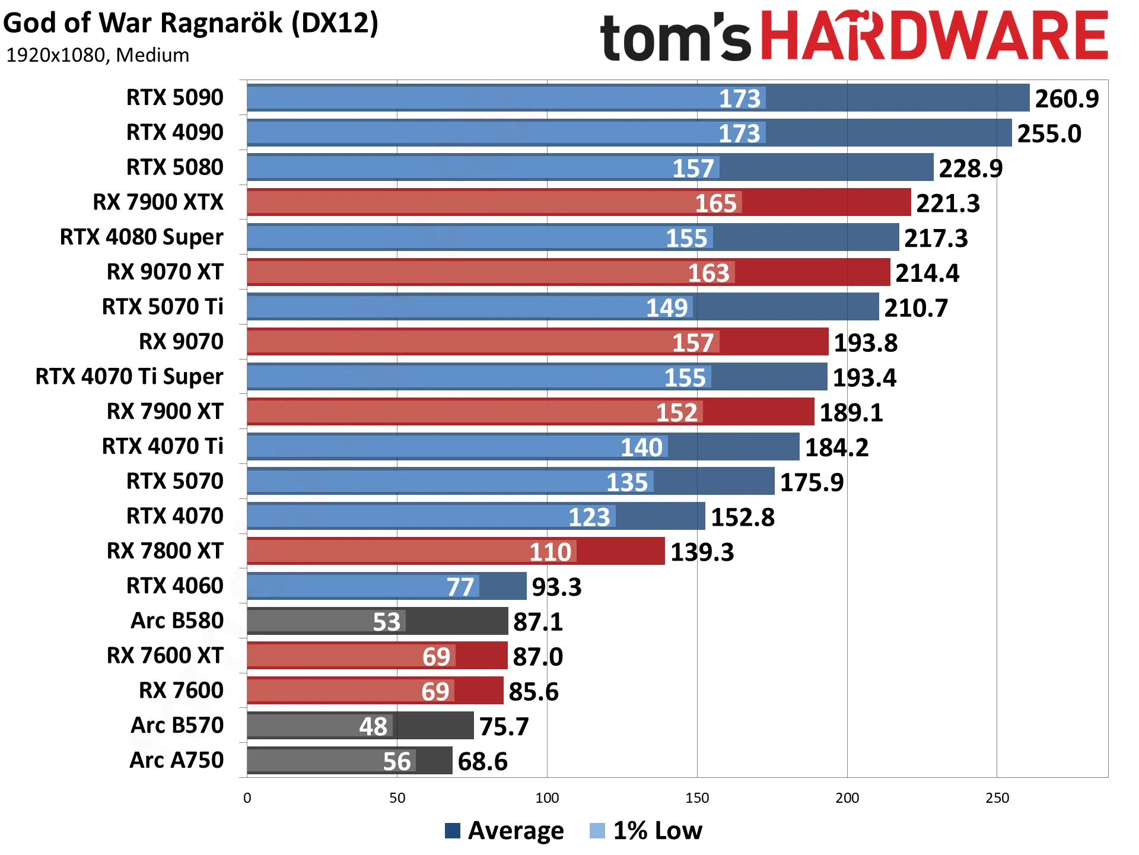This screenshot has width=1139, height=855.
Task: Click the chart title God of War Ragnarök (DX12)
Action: (190, 24)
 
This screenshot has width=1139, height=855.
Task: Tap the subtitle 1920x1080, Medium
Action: (97, 55)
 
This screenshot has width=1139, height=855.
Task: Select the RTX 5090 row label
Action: (175, 97)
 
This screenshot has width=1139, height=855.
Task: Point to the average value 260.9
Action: (1067, 98)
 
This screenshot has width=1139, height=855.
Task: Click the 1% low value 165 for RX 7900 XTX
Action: (716, 204)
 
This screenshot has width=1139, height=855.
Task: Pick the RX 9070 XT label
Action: (165, 272)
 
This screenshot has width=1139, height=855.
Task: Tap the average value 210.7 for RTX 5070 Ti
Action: (916, 308)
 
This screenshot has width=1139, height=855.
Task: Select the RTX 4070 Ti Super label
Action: (129, 376)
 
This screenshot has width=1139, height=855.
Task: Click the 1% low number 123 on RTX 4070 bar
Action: (590, 517)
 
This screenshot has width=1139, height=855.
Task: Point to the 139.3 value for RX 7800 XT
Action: (702, 552)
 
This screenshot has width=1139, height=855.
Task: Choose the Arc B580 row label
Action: (177, 621)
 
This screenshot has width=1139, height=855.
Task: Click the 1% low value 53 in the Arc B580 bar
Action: (387, 622)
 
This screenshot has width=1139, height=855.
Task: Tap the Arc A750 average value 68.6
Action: (483, 762)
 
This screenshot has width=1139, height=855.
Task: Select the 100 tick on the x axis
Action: (547, 798)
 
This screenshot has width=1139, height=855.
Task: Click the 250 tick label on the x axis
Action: (997, 798)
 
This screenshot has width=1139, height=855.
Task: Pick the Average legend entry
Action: (504, 831)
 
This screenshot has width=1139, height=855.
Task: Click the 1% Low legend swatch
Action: (597, 831)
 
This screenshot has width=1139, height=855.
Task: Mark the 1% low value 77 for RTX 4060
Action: (460, 587)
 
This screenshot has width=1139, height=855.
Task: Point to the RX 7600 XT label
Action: (165, 656)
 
